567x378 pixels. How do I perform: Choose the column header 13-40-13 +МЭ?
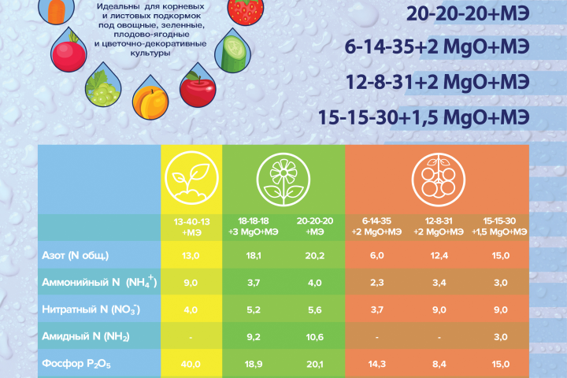191,228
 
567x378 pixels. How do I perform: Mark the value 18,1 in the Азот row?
253,255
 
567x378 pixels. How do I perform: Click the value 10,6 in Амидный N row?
314,336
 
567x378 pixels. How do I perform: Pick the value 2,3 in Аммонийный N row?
376,282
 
